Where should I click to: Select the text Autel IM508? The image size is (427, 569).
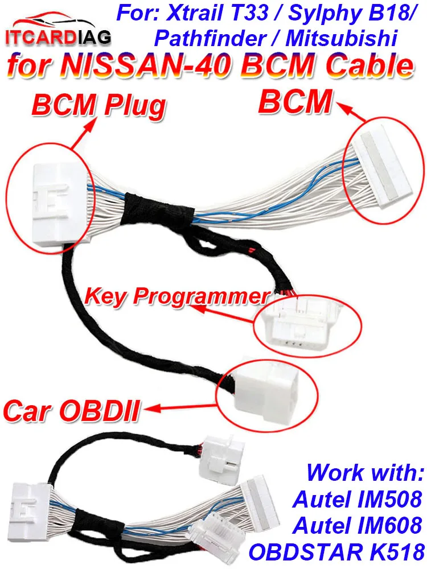358,500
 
